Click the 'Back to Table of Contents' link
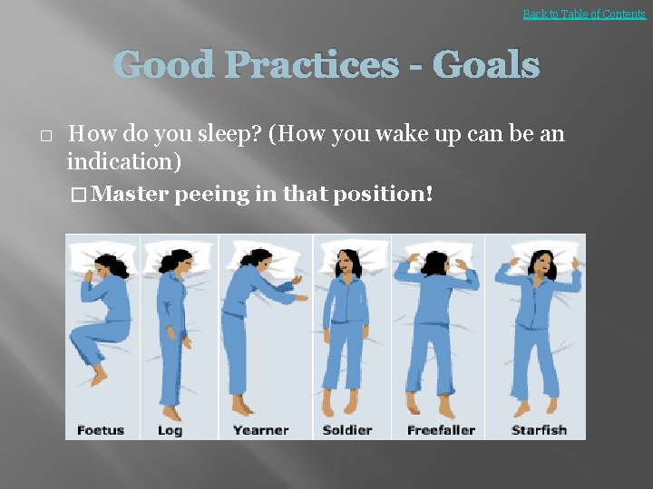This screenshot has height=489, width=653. [584, 14]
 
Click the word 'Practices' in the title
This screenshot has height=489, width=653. [310, 65]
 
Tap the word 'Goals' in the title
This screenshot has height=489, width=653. [486, 65]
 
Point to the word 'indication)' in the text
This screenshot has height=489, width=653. [124, 163]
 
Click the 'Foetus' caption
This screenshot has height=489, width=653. [101, 429]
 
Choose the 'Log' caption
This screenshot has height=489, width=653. [170, 429]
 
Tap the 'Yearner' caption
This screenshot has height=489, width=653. [260, 429]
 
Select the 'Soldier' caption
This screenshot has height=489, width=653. [346, 429]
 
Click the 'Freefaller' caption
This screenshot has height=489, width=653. [441, 429]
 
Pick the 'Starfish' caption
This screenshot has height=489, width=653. [539, 429]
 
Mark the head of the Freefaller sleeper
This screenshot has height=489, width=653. [434, 263]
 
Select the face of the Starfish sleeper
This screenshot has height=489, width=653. [545, 266]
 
